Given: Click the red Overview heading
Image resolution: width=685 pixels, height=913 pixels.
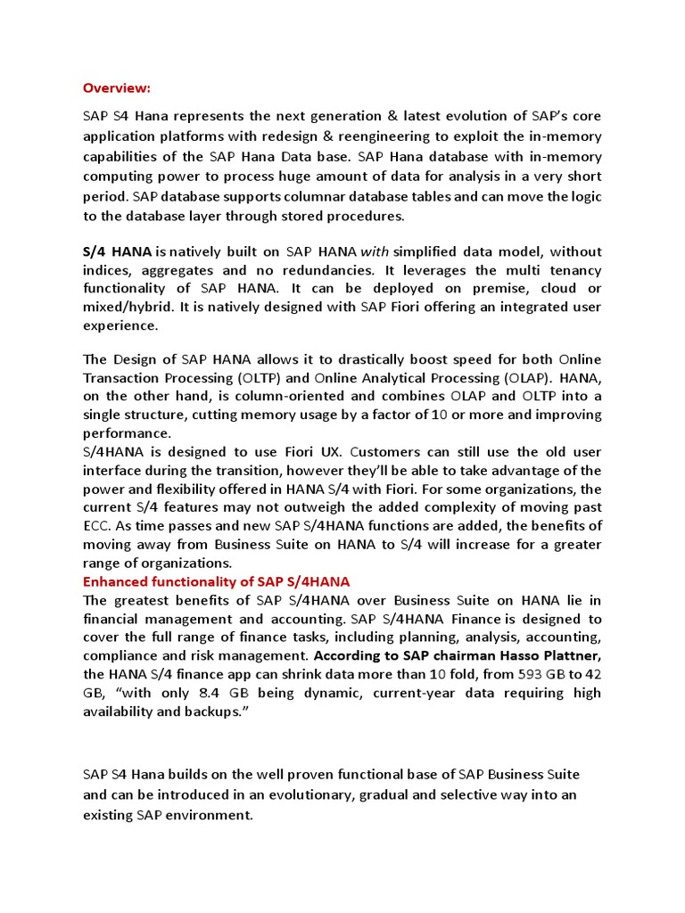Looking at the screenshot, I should pos(117,87).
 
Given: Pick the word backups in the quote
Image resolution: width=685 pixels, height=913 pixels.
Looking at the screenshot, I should pos(215,711).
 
